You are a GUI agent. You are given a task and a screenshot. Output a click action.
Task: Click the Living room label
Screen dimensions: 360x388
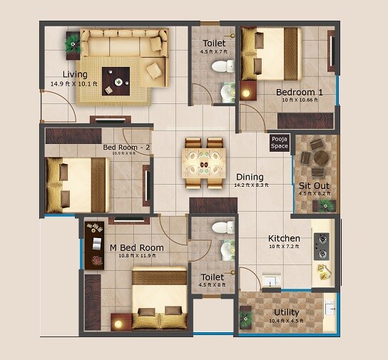(74, 74)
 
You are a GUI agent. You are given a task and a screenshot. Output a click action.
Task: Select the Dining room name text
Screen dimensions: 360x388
(250, 177)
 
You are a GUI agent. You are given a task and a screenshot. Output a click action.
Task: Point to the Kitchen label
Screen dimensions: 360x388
(284, 238)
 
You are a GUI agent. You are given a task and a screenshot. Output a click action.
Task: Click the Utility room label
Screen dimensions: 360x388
(287, 312)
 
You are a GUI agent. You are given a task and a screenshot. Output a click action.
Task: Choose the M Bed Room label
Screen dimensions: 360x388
(136, 248)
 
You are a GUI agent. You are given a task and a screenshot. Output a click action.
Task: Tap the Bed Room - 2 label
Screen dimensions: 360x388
(127, 148)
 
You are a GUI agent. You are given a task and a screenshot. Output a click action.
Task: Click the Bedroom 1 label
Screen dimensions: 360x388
(300, 92)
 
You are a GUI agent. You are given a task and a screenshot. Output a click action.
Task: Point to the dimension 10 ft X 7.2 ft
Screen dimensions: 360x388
(285, 247)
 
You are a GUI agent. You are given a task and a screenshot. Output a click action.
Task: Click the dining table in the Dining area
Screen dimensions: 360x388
(204, 163)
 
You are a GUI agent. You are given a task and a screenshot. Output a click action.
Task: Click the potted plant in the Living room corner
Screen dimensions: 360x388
(73, 43)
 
